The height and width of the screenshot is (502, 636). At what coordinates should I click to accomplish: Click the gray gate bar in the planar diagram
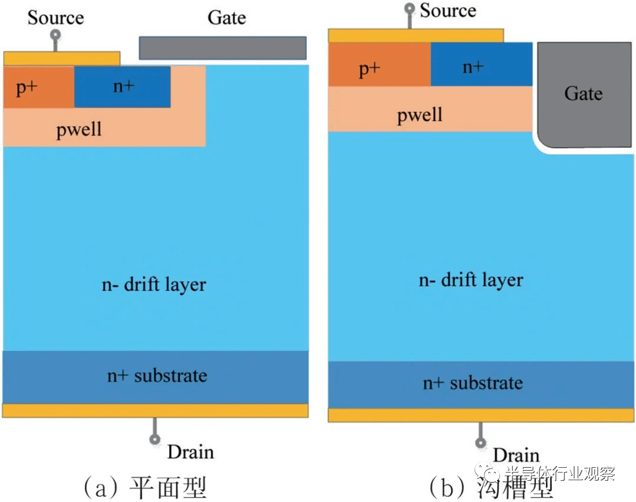coord(223,48)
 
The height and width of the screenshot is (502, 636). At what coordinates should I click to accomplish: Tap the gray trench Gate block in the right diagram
coord(584,95)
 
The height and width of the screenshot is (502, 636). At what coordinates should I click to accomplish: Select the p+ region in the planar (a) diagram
coord(39,87)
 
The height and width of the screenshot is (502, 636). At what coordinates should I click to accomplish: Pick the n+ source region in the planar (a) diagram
coord(122,87)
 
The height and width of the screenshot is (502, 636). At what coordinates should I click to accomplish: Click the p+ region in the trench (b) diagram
coord(380,65)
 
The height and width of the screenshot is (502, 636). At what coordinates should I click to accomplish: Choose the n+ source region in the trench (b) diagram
coord(482,65)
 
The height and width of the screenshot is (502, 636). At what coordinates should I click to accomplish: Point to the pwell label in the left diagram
coord(79,130)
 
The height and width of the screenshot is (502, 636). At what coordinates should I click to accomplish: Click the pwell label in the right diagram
coord(419,115)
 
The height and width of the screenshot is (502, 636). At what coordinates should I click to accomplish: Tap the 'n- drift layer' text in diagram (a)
coord(154,284)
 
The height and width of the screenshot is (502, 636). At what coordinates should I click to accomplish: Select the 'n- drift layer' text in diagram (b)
coord(471,280)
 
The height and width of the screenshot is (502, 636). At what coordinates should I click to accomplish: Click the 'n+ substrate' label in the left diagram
coord(157,375)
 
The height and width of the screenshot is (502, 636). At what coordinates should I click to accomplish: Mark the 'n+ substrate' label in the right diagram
coord(472,383)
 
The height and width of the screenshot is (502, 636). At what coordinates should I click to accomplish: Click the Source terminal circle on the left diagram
coord(55,35)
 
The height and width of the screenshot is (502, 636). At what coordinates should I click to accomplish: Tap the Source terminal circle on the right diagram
coord(410,8)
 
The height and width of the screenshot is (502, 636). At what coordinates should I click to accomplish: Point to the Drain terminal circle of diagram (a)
coord(154,439)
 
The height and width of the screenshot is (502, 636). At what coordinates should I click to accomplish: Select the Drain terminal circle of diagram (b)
coord(481,442)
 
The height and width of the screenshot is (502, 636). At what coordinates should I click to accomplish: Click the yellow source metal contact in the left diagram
coord(62,58)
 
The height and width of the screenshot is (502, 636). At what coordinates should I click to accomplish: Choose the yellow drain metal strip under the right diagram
coord(481,415)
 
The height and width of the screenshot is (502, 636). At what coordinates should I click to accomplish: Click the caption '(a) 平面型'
coord(145,487)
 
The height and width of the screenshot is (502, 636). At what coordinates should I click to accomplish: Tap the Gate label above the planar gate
coord(227,18)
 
